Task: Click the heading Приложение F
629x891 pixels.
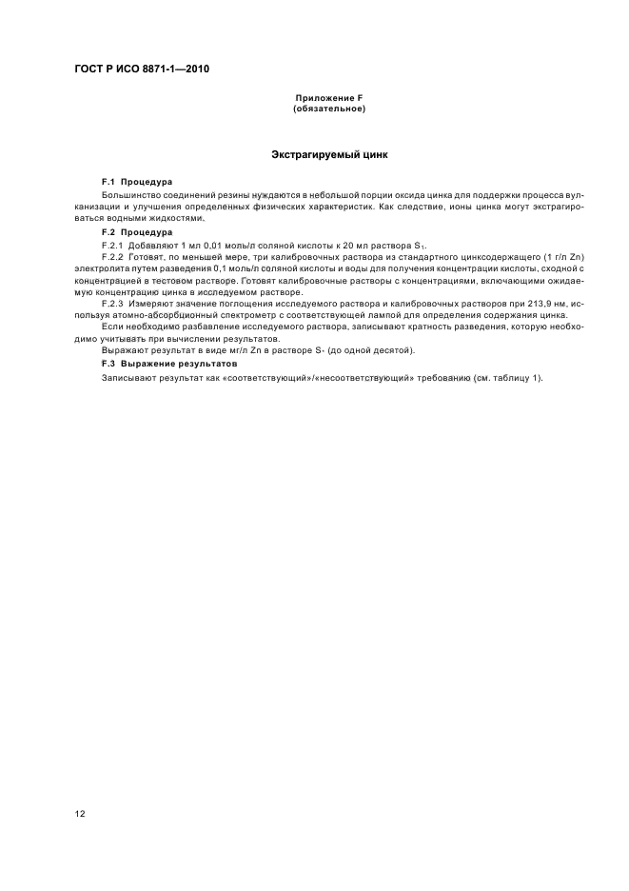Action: pyautogui.click(x=329, y=99)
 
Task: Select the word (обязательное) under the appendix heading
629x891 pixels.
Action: pyautogui.click(x=329, y=109)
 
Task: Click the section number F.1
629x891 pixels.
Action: pyautogui.click(x=108, y=180)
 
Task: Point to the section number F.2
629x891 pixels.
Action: pyautogui.click(x=108, y=232)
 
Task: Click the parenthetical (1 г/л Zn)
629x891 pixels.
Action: pyautogui.click(x=543, y=259)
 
